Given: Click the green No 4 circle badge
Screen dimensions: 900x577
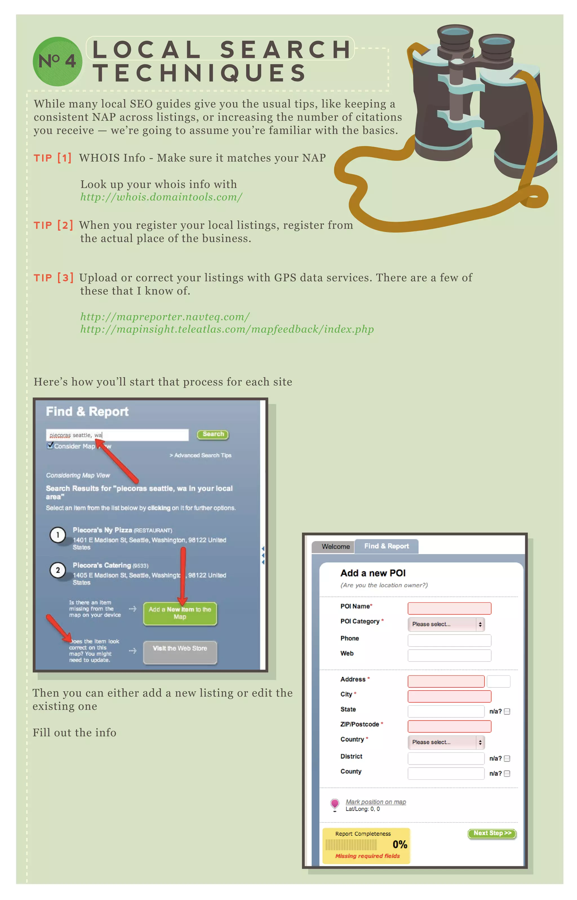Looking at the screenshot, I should pyautogui.click(x=57, y=61).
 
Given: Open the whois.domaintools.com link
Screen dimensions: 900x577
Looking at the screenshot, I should pyautogui.click(x=161, y=197).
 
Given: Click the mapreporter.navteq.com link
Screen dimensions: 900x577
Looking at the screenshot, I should pyautogui.click(x=165, y=317).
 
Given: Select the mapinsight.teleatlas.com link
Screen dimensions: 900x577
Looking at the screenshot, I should pyautogui.click(x=227, y=330).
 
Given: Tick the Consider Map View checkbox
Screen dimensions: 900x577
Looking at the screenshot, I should pyautogui.click(x=50, y=445).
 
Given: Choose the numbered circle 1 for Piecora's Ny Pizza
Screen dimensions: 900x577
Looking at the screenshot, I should pyautogui.click(x=58, y=535).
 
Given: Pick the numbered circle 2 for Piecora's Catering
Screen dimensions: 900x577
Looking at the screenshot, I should pyautogui.click(x=58, y=570).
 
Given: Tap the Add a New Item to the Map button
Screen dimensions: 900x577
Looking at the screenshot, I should pyautogui.click(x=180, y=613).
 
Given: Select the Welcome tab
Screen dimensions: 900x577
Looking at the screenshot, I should pyautogui.click(x=335, y=546).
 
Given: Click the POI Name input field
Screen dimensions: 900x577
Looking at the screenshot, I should pyautogui.click(x=449, y=608).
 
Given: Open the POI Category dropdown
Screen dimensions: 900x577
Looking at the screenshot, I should pyautogui.click(x=446, y=624).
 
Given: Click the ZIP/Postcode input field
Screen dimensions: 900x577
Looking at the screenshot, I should pyautogui.click(x=449, y=726).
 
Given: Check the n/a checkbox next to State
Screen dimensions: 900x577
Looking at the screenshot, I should pyautogui.click(x=507, y=711).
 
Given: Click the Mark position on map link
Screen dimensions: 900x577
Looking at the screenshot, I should pyautogui.click(x=376, y=802).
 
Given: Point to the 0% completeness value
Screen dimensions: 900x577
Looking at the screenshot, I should pyautogui.click(x=400, y=844).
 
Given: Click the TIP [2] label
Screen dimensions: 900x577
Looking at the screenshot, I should pyautogui.click(x=53, y=225).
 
